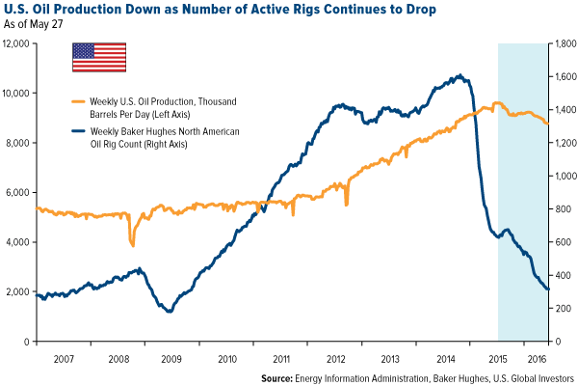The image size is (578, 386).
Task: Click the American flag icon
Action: pyautogui.click(x=99, y=57)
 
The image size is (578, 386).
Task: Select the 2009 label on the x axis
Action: pyautogui.click(x=171, y=358)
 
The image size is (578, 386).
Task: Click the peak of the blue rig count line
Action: pyautogui.click(x=460, y=75)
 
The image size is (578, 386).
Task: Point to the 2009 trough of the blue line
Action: pyautogui.click(x=170, y=311)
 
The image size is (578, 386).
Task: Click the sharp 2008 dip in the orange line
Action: pyautogui.click(x=132, y=245)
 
